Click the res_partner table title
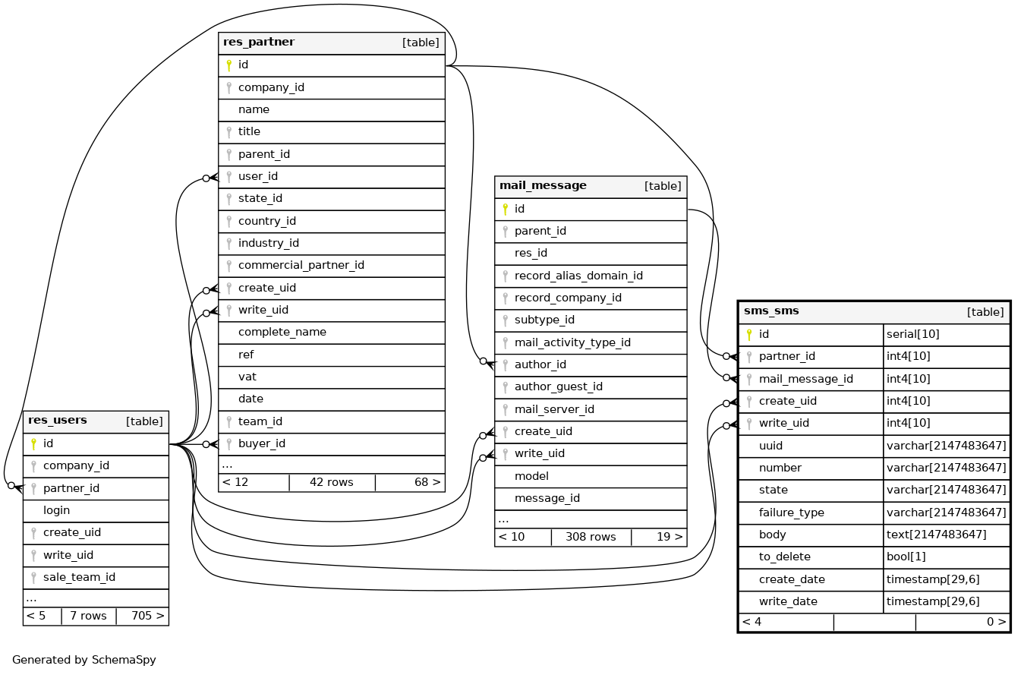pyautogui.click(x=259, y=43)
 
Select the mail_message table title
pyautogui.click(x=543, y=186)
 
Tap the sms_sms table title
pyautogui.click(x=771, y=311)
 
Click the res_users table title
pyautogui.click(x=58, y=421)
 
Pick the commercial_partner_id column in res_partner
pyautogui.click(x=301, y=266)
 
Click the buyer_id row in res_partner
pyautogui.click(x=261, y=443)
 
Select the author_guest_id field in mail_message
pyautogui.click(x=558, y=387)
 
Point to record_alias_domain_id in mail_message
pyautogui.click(x=578, y=276)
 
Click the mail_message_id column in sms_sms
pyautogui.click(x=805, y=379)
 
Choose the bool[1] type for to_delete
pyautogui.click(x=906, y=557)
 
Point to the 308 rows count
pyautogui.click(x=591, y=537)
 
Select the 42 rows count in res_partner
pyautogui.click(x=331, y=482)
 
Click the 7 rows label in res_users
pyautogui.click(x=88, y=616)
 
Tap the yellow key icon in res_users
pyautogui.click(x=33, y=443)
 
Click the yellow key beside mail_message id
pyautogui.click(x=505, y=209)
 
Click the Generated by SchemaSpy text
pyautogui.click(x=83, y=660)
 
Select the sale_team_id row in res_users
pyautogui.click(x=79, y=577)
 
